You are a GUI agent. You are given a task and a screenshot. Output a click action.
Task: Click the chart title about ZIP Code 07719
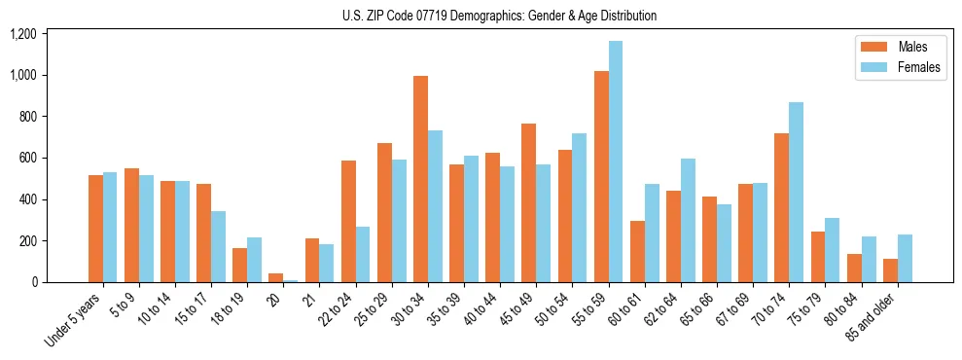[x=499, y=16]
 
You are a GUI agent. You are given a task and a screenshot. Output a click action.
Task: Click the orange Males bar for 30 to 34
[x=420, y=179]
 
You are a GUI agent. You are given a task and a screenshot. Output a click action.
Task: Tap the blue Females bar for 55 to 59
[x=616, y=162]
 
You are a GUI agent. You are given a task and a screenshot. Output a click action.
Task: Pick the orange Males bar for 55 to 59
[x=601, y=176]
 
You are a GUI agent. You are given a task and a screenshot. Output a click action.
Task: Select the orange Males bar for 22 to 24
[x=348, y=221]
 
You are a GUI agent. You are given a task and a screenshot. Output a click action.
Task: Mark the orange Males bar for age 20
[x=276, y=277]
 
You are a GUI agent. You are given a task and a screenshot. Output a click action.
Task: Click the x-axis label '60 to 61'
[x=623, y=308]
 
